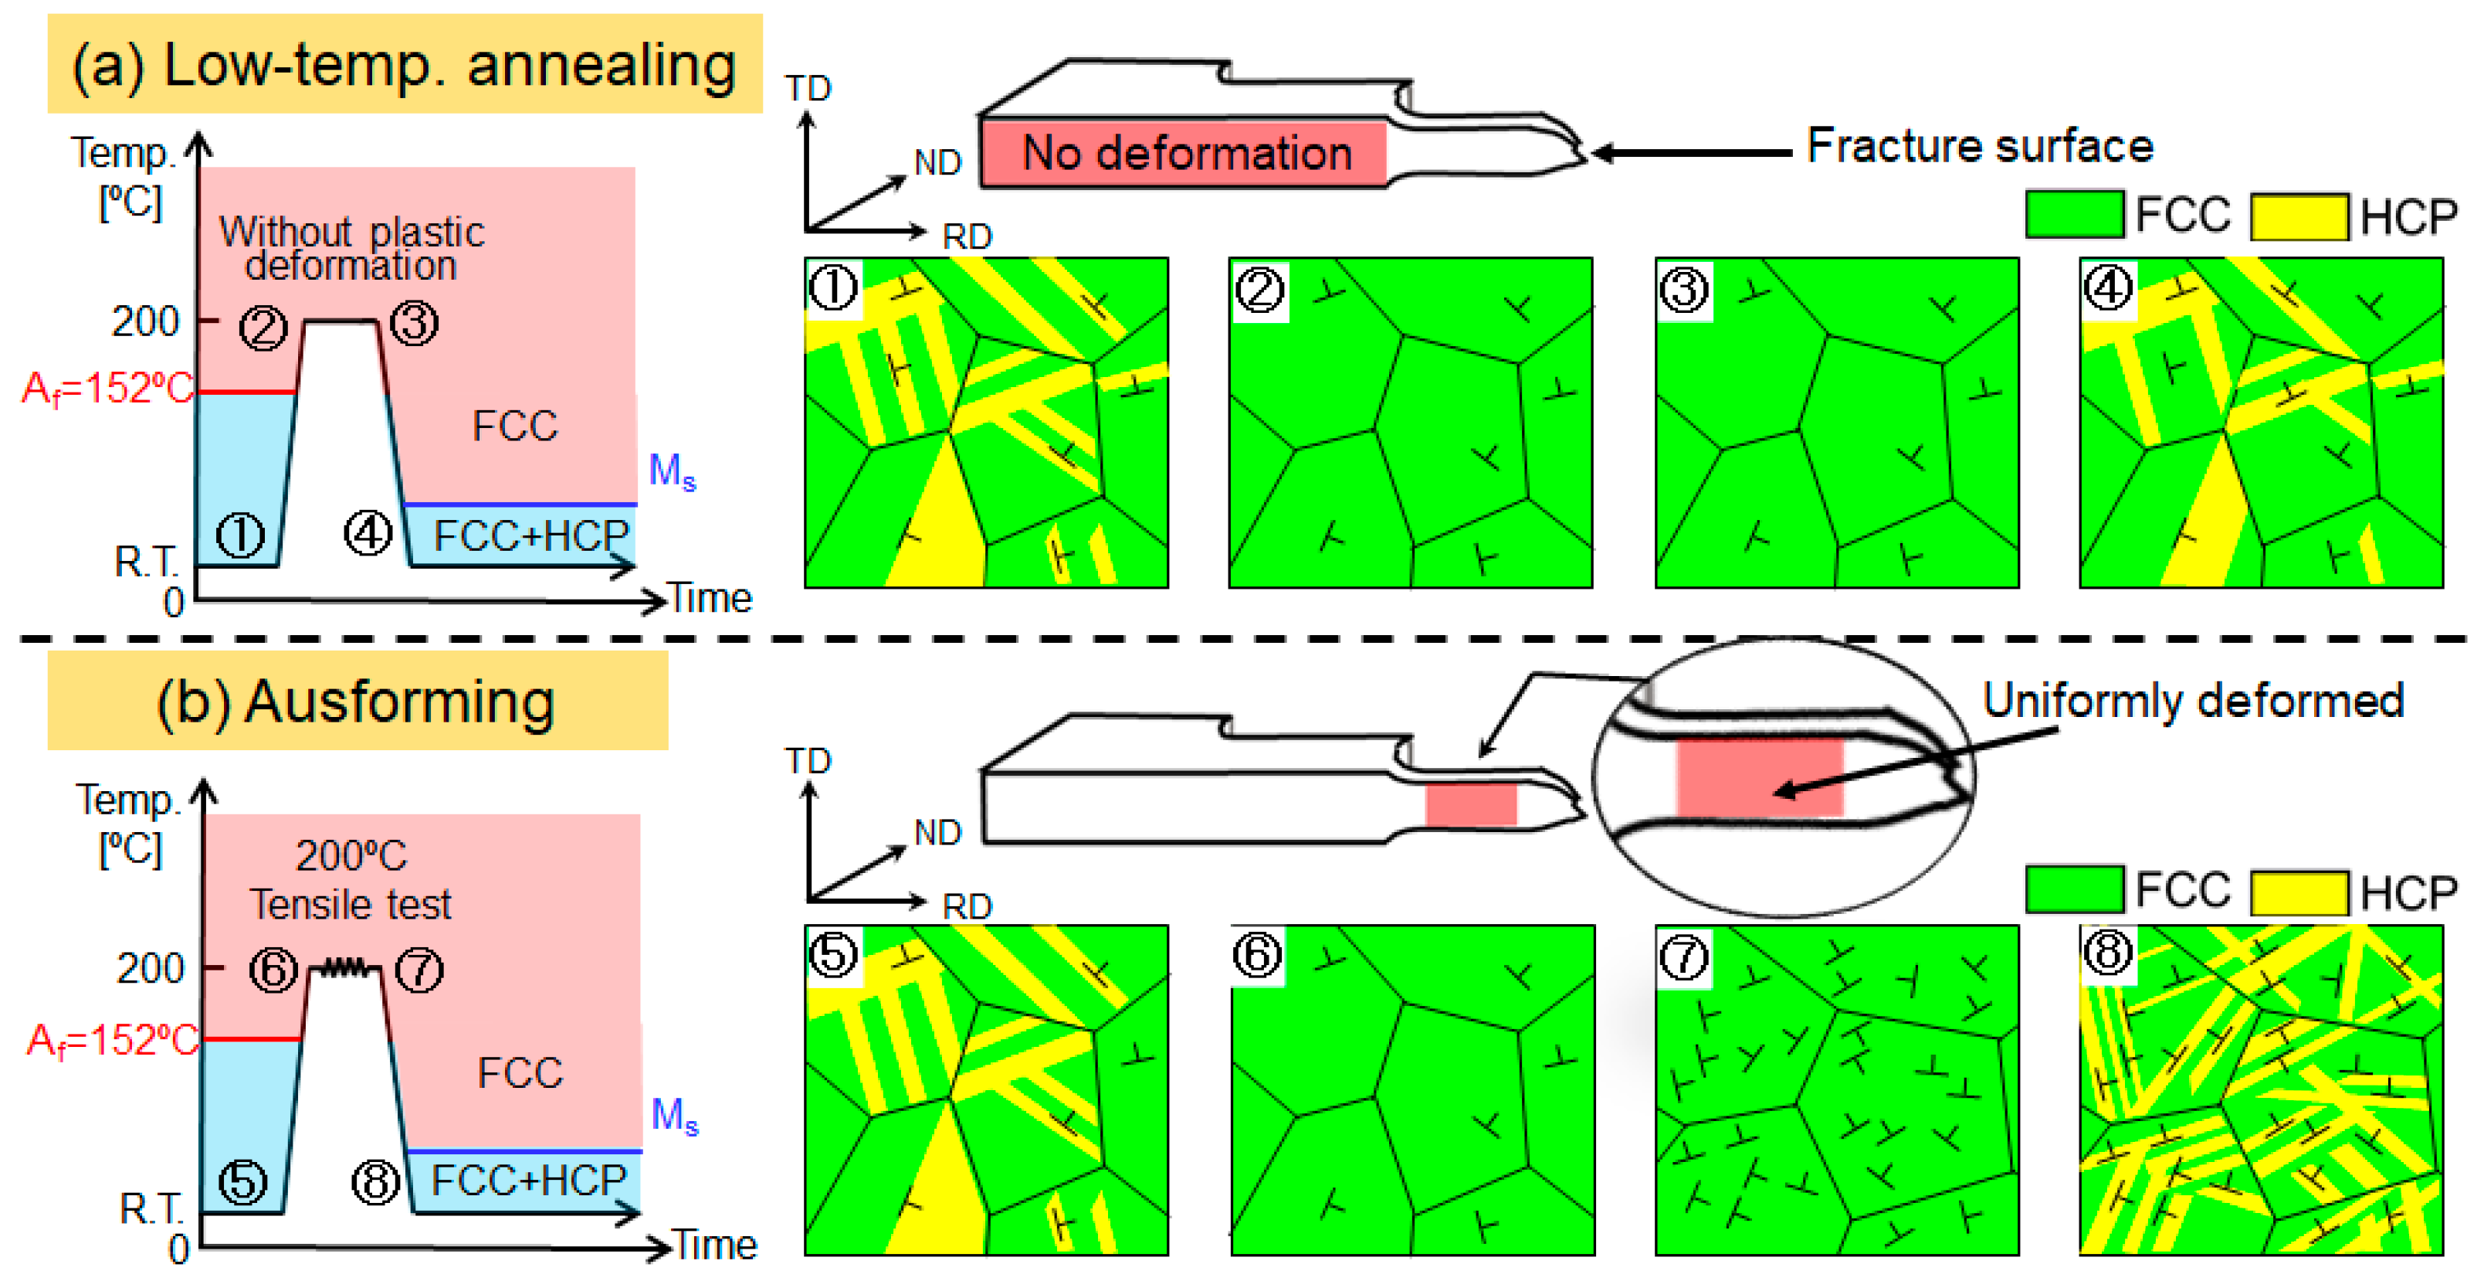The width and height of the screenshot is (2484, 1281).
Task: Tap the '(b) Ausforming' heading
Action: [x=356, y=702]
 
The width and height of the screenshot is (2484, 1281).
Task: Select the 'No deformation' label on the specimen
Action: [x=1186, y=152]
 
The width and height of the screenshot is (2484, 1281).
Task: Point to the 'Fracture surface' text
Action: [x=1979, y=147]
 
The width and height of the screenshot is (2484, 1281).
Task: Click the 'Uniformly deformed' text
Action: [x=2193, y=700]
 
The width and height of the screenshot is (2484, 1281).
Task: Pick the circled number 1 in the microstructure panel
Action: [x=833, y=287]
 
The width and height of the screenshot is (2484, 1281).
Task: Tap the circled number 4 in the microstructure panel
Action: [x=2108, y=287]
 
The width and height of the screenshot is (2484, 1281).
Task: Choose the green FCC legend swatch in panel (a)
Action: [x=2073, y=214]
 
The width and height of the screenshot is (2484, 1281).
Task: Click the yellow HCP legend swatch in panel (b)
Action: [x=2299, y=892]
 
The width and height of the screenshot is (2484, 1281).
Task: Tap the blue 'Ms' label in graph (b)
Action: [x=674, y=1116]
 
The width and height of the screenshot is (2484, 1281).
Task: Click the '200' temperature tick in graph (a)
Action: [x=146, y=321]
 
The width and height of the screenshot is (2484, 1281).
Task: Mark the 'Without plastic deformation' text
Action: [x=351, y=248]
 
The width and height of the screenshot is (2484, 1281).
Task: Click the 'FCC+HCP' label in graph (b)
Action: [x=528, y=1180]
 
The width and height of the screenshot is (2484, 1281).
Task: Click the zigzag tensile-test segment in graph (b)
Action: [x=344, y=967]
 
